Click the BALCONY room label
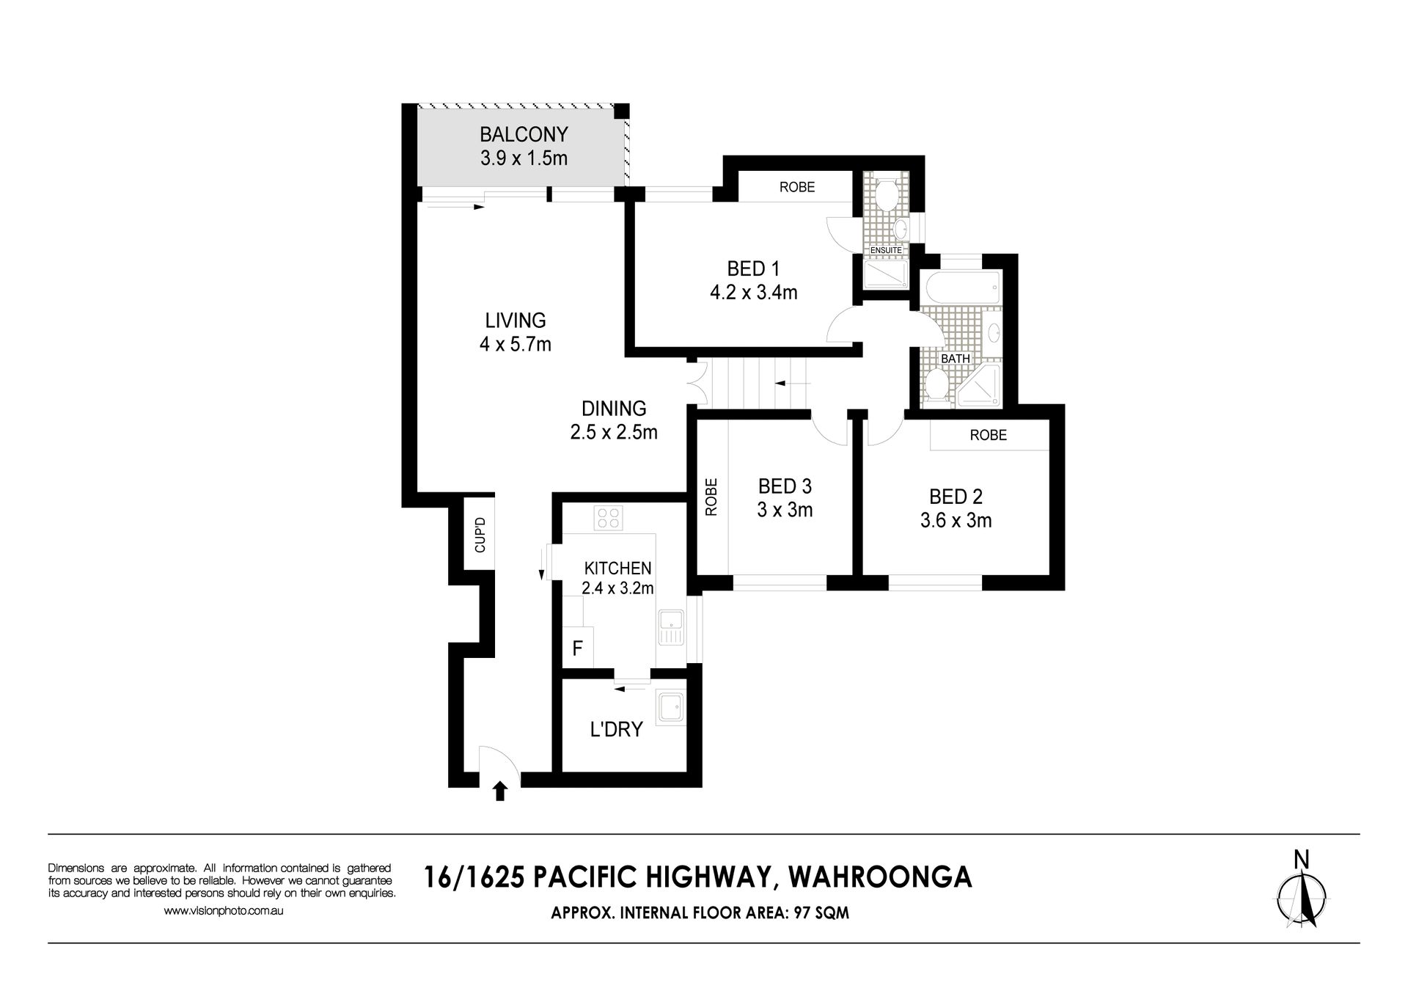524,134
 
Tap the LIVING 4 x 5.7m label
516,332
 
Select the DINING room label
614,409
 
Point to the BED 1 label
753,268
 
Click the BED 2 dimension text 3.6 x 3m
956,521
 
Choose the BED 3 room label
785,486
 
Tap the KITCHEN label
617,568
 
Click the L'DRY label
616,729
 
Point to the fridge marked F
578,648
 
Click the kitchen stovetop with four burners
609,518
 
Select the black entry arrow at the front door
500,791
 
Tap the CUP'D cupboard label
480,535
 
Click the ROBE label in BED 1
797,187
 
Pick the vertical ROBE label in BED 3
711,497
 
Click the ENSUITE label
886,250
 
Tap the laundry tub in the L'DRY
671,708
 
